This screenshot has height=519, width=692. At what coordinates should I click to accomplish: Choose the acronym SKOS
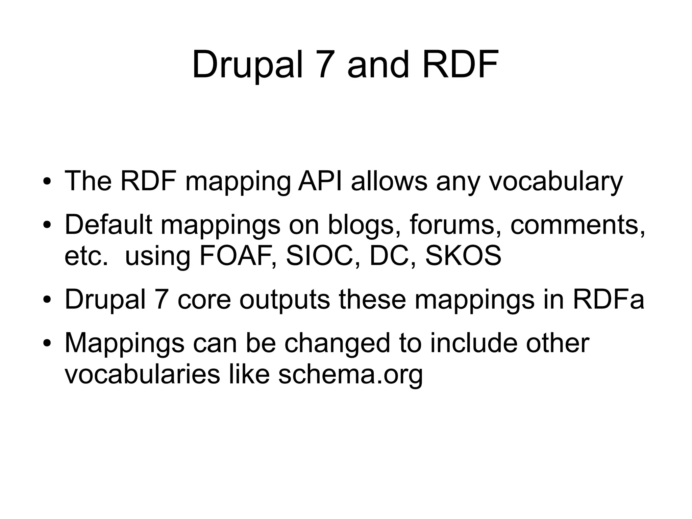(463, 256)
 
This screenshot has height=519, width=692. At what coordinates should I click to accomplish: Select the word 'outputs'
(285, 300)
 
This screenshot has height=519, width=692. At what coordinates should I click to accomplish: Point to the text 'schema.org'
(350, 374)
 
